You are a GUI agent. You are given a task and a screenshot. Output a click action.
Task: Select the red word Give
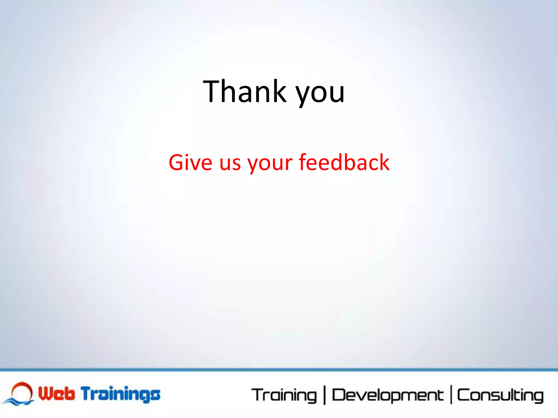point(190,162)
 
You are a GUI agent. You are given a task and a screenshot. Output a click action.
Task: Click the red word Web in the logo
point(56,394)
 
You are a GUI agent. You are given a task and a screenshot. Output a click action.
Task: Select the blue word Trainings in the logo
point(121,394)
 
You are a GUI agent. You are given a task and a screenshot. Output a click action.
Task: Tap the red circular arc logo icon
point(22,390)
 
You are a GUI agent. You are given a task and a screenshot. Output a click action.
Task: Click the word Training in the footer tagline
point(284,395)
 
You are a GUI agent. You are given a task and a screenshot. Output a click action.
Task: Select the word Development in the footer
point(387,395)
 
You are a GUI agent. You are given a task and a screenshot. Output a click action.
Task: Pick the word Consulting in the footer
point(500,395)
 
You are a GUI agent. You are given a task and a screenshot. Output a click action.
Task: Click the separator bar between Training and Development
point(325,395)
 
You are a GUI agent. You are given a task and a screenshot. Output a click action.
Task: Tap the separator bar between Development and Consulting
point(451,395)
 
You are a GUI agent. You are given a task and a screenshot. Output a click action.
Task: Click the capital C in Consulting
point(463,395)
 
